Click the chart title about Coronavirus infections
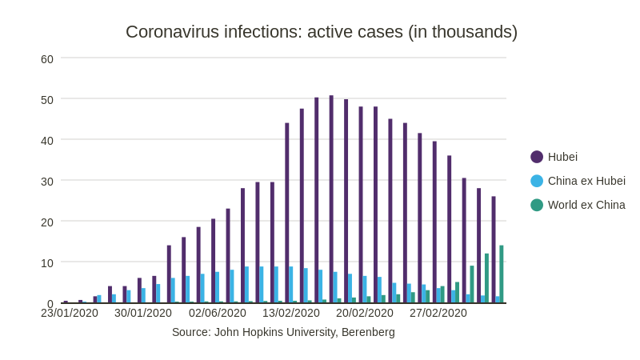tap(321, 32)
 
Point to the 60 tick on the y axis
tap(47, 59)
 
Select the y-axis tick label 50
tap(47, 100)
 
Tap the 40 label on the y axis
tap(47, 141)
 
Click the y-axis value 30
tap(47, 182)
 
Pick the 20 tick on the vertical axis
tap(47, 222)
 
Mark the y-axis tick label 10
tap(47, 263)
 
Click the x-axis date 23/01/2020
tap(70, 313)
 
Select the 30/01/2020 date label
tap(143, 313)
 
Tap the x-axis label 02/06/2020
tap(218, 313)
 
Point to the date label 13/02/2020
tap(291, 313)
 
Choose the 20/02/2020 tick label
tap(365, 313)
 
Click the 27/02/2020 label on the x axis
tap(438, 313)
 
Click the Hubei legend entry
tap(562, 157)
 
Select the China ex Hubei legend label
tap(586, 181)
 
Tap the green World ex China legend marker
tap(537, 205)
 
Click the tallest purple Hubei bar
tap(331, 200)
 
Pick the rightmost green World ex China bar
tap(502, 274)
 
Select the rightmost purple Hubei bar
tap(494, 250)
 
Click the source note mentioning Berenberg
tap(283, 332)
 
